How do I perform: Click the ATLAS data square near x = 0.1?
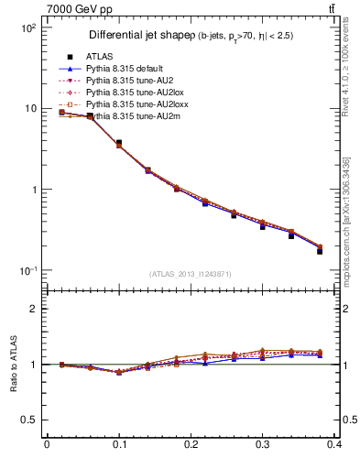[119, 143]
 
